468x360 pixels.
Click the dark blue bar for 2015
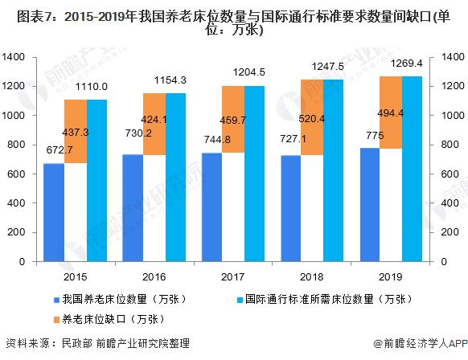click(53, 212)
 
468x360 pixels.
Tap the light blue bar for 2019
click(412, 169)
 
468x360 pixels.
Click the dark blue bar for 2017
click(211, 207)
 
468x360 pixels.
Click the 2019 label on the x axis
click(390, 276)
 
